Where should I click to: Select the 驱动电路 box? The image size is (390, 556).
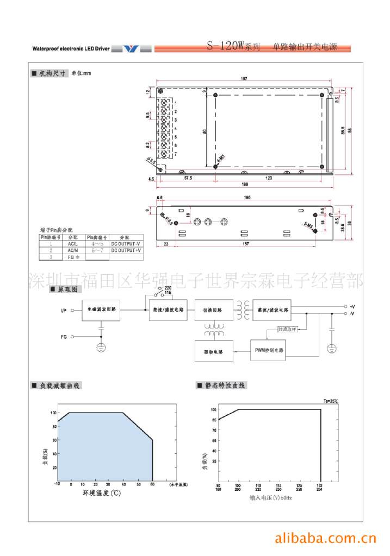coord(214,351)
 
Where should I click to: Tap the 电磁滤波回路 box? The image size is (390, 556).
coord(101,311)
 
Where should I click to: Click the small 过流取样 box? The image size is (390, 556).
coord(287,329)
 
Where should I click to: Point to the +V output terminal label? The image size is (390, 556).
coord(352,307)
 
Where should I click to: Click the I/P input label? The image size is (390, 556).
coord(64,311)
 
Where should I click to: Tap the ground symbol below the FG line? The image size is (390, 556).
coord(101,347)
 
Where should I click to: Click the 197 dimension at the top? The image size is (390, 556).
coord(244,79)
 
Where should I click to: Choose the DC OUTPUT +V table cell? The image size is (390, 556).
coord(126,250)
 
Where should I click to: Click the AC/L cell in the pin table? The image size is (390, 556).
coord(73,244)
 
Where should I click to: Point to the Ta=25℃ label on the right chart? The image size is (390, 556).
coord(331,401)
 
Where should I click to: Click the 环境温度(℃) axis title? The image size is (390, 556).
coord(101,494)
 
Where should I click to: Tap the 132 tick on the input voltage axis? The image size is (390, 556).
coord(321,485)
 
